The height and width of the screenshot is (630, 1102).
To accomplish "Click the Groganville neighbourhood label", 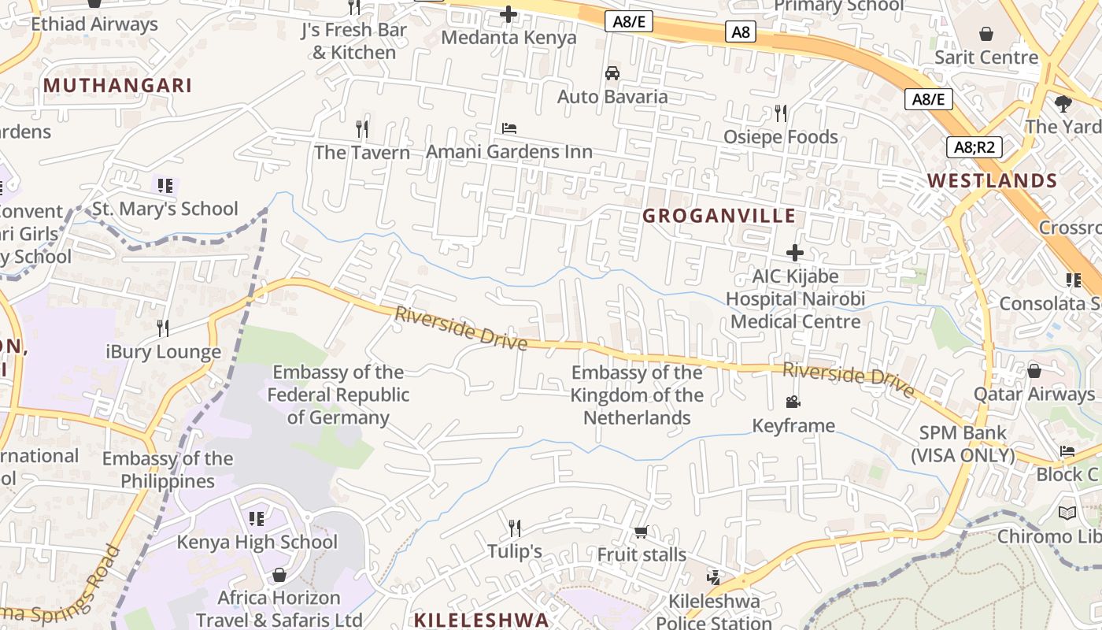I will pyautogui.click(x=719, y=216).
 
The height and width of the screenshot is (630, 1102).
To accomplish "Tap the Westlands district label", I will pyautogui.click(x=992, y=180).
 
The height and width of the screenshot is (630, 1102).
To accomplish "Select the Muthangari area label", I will pyautogui.click(x=118, y=85).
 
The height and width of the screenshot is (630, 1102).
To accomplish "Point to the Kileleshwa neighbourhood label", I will pyautogui.click(x=481, y=619).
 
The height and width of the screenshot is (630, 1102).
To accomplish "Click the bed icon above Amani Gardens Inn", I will pyautogui.click(x=509, y=128).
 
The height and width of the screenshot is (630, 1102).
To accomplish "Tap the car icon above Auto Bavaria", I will pyautogui.click(x=612, y=73).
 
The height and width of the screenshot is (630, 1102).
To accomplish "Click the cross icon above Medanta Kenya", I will pyautogui.click(x=508, y=13).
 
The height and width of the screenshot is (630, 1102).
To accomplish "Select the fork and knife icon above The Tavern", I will pyautogui.click(x=362, y=128).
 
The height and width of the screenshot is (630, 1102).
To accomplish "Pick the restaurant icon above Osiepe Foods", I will pyautogui.click(x=780, y=113).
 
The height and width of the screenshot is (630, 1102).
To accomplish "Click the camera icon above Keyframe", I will pyautogui.click(x=793, y=402).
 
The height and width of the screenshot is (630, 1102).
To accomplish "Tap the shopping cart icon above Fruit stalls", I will pyautogui.click(x=641, y=532).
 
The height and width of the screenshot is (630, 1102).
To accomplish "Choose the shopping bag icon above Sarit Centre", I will pyautogui.click(x=986, y=34).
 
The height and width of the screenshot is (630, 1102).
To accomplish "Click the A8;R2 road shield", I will pyautogui.click(x=974, y=147).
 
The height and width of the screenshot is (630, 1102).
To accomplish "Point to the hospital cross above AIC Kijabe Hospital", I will pyautogui.click(x=795, y=253).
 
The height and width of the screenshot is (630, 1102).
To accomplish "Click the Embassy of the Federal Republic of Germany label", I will pyautogui.click(x=338, y=395).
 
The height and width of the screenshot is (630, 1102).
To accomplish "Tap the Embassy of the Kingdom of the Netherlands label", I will pyautogui.click(x=637, y=395).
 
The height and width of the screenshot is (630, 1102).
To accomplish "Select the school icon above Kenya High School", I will pyautogui.click(x=256, y=518).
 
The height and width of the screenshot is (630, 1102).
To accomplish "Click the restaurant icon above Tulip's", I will pyautogui.click(x=514, y=527).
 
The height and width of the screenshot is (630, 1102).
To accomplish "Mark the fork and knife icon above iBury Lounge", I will pyautogui.click(x=163, y=328).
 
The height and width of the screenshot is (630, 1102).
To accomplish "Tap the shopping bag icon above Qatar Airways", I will pyautogui.click(x=1034, y=370).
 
